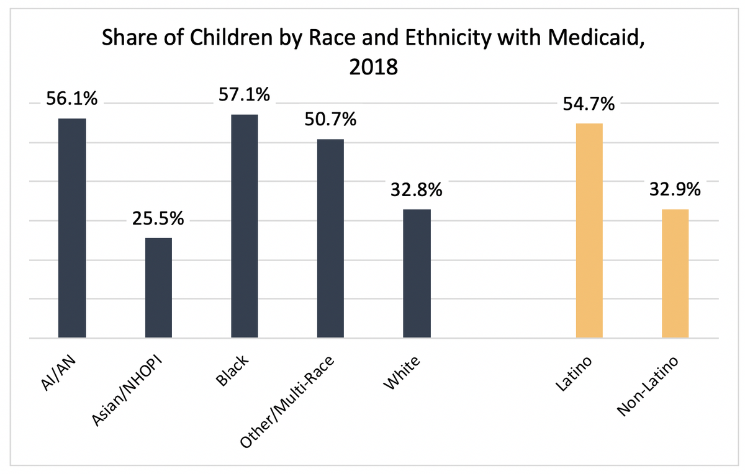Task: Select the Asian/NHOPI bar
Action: [158, 288]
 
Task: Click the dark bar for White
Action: [417, 274]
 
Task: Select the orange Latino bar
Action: [589, 231]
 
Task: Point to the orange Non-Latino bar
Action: [675, 274]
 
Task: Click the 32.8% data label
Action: [417, 190]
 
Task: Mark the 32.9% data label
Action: [675, 190]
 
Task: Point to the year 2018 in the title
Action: [372, 66]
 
